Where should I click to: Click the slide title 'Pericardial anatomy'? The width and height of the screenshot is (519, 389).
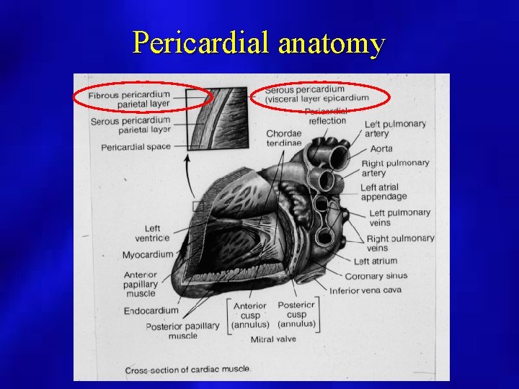click(x=258, y=44)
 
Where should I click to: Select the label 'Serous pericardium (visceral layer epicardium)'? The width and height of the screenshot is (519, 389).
click(x=316, y=94)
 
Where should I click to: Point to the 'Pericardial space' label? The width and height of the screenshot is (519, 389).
click(x=136, y=147)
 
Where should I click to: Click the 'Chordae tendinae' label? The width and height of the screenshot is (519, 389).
click(x=283, y=138)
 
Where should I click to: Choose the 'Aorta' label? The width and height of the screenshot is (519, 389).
click(x=381, y=148)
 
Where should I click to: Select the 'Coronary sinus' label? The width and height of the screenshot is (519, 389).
click(x=376, y=276)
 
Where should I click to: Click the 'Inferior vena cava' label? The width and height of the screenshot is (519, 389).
click(x=365, y=290)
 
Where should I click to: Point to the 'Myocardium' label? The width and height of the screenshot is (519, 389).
click(x=148, y=254)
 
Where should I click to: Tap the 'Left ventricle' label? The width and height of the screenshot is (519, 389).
click(x=152, y=233)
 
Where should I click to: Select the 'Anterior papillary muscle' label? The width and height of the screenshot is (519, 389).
click(x=140, y=284)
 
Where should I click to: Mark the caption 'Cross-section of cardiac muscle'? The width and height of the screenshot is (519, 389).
click(x=187, y=370)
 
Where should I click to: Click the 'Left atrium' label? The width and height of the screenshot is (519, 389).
click(x=375, y=261)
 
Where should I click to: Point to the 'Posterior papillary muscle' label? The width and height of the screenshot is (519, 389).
click(x=182, y=330)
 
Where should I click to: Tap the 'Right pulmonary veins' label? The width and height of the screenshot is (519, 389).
click(x=400, y=243)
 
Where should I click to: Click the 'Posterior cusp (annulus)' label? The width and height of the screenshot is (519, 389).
click(x=296, y=315)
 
